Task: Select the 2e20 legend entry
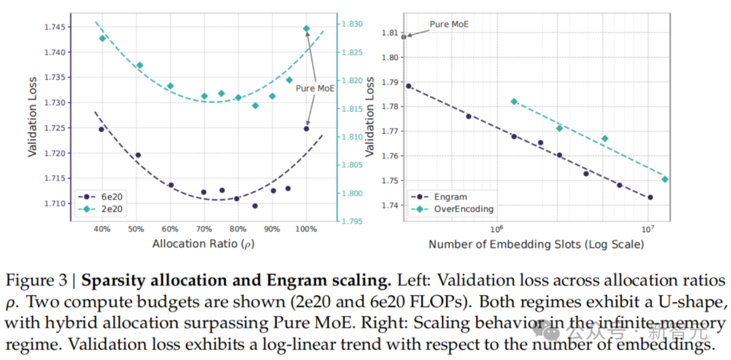[x=102, y=208]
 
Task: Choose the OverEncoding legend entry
[x=451, y=209]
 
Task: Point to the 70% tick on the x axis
[x=204, y=229]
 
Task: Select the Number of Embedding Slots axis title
[x=536, y=244]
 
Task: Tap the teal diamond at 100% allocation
[x=307, y=28]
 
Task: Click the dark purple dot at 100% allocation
[x=307, y=129]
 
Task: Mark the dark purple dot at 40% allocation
[x=101, y=129]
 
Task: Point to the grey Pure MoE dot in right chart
[x=403, y=37]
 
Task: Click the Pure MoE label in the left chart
[x=315, y=88]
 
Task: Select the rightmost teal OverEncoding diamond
[x=665, y=179]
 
